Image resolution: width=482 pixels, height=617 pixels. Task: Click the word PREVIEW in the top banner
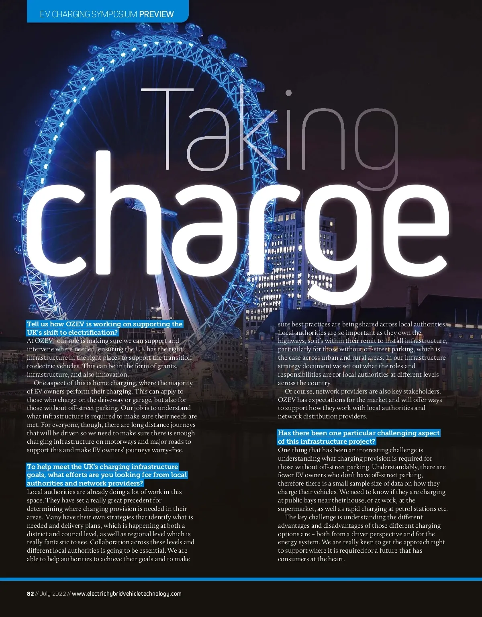coord(156,14)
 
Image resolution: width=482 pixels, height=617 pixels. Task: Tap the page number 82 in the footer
coord(30,594)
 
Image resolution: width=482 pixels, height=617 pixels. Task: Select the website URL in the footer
coord(127,594)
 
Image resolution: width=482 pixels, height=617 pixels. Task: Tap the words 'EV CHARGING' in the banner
coord(65,14)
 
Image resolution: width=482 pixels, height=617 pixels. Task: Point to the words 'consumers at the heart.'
coord(311,559)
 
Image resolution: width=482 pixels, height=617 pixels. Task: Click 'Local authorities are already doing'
coord(80,492)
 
